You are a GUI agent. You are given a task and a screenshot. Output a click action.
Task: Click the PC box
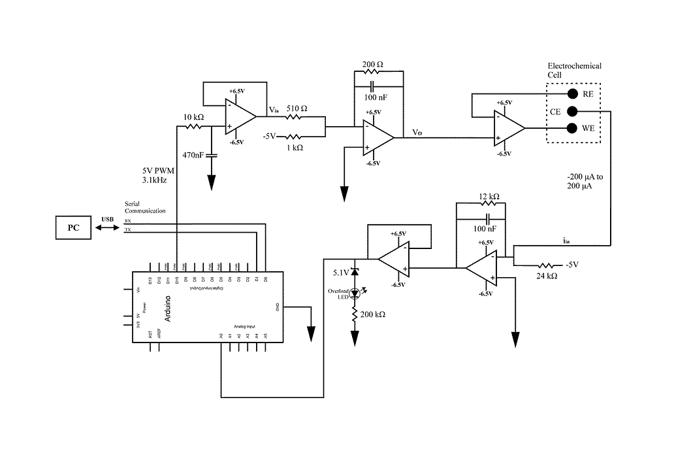73,229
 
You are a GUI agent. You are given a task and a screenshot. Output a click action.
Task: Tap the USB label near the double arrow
107,219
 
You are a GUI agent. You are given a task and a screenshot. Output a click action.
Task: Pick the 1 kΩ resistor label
295,148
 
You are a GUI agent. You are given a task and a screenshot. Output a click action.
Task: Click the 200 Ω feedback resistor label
373,65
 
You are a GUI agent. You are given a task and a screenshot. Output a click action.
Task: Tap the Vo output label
417,133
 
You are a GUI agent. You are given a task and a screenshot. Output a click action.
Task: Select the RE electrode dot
571,93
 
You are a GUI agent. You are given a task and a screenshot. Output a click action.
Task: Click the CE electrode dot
571,111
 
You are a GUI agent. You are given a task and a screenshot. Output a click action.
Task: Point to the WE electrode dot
571,128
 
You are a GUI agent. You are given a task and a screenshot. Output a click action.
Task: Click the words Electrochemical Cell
573,70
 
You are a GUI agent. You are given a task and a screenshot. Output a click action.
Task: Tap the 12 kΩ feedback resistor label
489,196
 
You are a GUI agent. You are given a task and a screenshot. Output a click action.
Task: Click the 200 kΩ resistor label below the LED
374,314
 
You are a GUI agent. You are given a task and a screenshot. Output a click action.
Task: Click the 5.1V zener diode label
342,272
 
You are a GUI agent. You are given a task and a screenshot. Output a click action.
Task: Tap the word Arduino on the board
167,308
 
